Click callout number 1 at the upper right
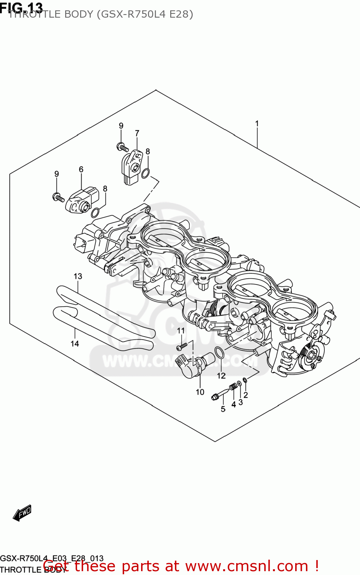coord(257,123)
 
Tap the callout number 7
coord(137,133)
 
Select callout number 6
coord(81,169)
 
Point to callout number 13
coord(78,276)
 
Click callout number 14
coord(75,343)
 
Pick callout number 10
coord(200,392)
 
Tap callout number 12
coord(221,376)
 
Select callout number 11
coord(181,330)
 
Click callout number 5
coord(223,409)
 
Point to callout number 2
coord(246,395)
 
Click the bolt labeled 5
coord(219,395)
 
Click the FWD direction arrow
coord(22,513)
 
